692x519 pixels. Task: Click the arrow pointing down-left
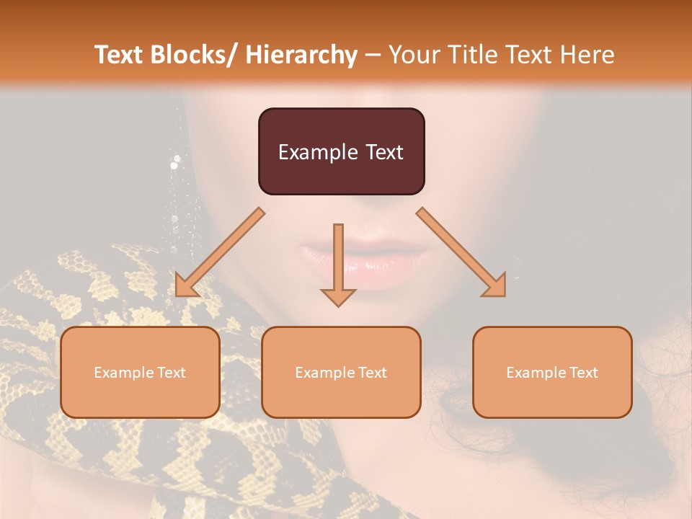coord(219,252)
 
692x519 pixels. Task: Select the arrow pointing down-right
coord(461,252)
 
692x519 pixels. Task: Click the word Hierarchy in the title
coord(301,55)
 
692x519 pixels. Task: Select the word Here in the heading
coord(588,55)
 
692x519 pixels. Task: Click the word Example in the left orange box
coord(124,373)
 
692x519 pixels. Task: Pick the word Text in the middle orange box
coord(372,373)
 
